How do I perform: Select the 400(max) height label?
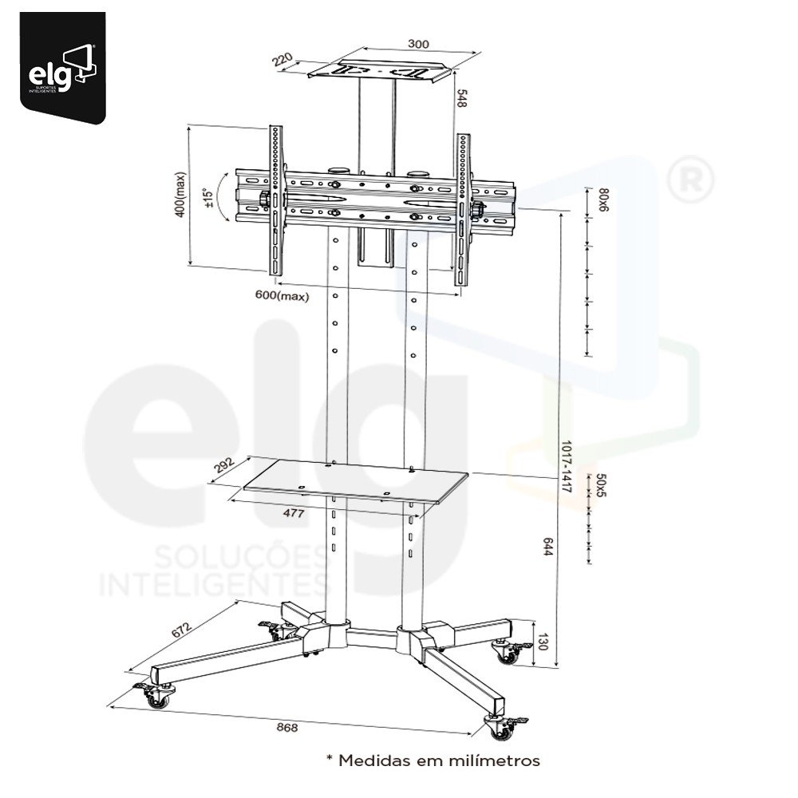[x=180, y=195]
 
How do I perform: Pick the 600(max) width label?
[x=282, y=295]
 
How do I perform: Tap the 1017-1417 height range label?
[x=567, y=466]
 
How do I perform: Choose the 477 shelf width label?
[x=293, y=514]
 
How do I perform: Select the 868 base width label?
[x=287, y=727]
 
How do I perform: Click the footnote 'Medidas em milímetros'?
[x=433, y=760]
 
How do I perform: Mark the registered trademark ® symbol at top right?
[x=688, y=182]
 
